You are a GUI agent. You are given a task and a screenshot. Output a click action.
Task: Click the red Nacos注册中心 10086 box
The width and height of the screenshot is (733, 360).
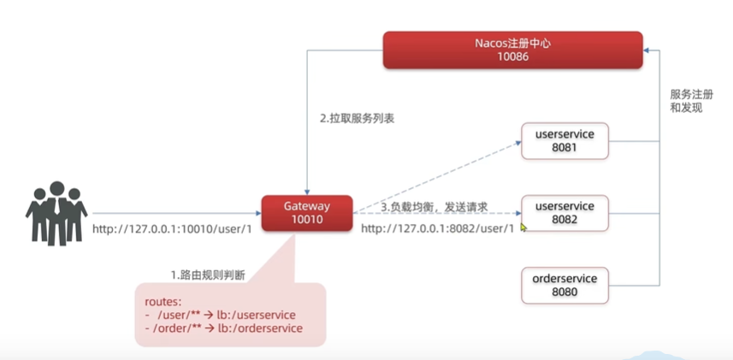[x=512, y=50]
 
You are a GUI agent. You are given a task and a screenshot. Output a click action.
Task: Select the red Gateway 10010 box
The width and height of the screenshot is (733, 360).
[x=306, y=213]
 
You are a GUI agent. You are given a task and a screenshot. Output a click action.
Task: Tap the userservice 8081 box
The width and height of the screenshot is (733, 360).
[x=564, y=140]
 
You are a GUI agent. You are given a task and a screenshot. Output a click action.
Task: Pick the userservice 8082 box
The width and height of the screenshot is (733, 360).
[x=564, y=213]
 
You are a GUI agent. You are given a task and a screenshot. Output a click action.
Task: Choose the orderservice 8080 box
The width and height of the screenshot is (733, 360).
[x=564, y=285]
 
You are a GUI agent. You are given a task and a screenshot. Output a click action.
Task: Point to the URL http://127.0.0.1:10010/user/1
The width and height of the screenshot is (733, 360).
[x=172, y=229]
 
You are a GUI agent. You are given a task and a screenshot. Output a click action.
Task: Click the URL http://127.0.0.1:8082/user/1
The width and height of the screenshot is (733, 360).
[x=437, y=228]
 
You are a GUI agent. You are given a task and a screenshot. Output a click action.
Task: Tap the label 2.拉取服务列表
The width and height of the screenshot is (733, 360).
[x=352, y=119]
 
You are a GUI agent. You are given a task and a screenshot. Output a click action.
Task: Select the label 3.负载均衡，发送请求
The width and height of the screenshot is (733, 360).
[x=434, y=207]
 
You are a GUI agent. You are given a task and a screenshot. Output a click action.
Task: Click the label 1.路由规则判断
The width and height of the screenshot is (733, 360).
[x=208, y=274]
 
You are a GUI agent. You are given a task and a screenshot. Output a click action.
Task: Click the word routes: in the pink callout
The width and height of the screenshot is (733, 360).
[x=163, y=303]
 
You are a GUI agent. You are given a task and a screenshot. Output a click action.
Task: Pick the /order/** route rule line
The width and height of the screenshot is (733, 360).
[x=223, y=328]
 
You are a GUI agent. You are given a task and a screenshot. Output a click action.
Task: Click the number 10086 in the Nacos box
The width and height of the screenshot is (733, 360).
[x=512, y=56]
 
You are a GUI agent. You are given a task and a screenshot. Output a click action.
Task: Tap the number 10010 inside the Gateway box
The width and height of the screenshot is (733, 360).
[x=306, y=221]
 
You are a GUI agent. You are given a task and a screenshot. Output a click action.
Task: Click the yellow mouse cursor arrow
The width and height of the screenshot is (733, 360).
[x=523, y=227]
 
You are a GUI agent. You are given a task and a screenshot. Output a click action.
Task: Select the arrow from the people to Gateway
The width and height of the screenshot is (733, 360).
[x=175, y=214]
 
